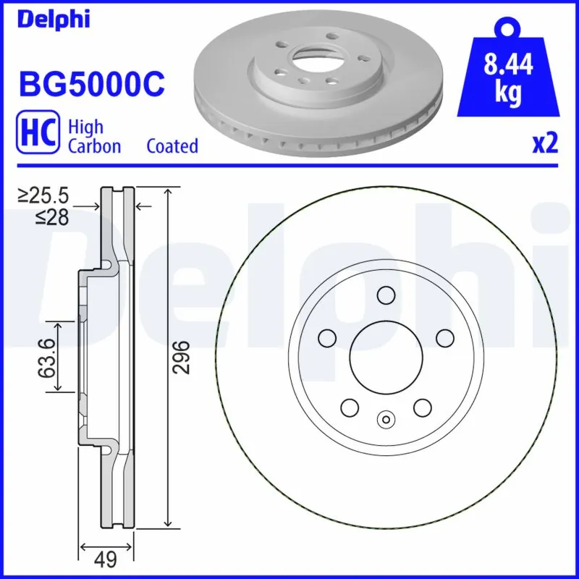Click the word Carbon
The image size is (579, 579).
pos(94,146)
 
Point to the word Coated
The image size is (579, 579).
pos(172,146)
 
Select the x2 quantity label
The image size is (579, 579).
pos(546,144)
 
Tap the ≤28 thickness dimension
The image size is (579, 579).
pos(51,216)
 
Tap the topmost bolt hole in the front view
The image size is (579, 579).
pos(385,295)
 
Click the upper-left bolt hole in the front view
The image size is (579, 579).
pos(326,338)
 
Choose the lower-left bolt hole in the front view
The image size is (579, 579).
pos(349,407)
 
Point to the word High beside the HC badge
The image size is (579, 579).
pos(85,127)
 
